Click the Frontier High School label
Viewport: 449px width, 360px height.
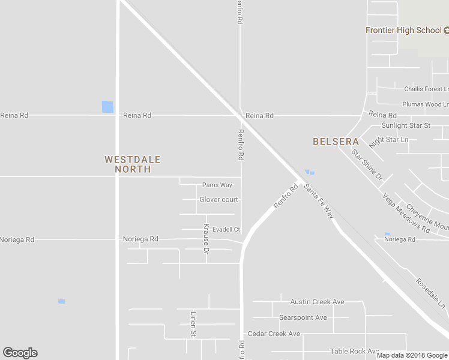point(403,30)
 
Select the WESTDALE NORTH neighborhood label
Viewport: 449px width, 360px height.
point(133,164)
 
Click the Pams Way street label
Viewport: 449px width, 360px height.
point(217,185)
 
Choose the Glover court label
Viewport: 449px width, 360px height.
point(218,199)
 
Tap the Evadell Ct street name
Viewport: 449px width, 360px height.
point(225,229)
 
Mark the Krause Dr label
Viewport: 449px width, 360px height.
point(206,239)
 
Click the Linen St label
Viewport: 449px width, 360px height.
point(193,323)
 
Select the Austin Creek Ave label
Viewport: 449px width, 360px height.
point(317,302)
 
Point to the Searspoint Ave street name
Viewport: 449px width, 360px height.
point(303,317)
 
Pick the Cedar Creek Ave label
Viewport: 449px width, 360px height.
point(274,334)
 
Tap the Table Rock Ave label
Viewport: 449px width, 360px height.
point(354,351)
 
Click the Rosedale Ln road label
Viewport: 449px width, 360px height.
point(431,293)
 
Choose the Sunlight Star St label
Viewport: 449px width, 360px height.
point(406,126)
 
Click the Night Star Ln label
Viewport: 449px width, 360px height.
point(388,141)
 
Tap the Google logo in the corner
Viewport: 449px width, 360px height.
point(20,353)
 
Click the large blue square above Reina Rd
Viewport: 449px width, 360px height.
point(107,107)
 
